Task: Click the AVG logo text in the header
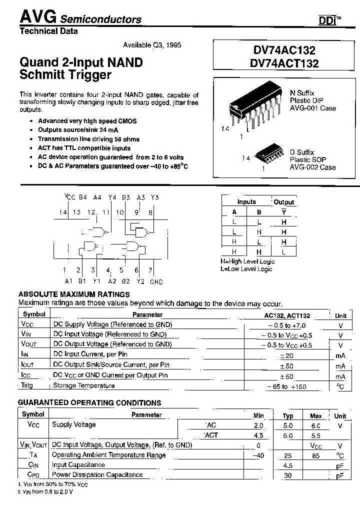[x=38, y=17]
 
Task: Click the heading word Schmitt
[x=44, y=75]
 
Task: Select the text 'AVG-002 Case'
[x=313, y=167]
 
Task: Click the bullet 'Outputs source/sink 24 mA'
[x=78, y=130]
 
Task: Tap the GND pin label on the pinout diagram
[x=156, y=282]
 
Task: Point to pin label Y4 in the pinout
[x=111, y=198]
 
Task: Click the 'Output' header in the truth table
[x=284, y=202]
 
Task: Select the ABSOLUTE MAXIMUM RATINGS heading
[x=74, y=294]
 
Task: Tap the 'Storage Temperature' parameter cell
[x=84, y=385]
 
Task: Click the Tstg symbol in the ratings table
[x=27, y=385]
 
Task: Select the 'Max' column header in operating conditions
[x=316, y=415]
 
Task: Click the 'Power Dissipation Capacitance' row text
[x=97, y=475]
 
